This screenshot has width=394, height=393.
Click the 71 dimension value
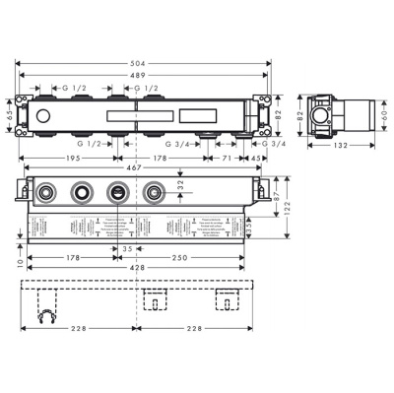(226, 156)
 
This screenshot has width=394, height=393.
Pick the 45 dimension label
(256, 156)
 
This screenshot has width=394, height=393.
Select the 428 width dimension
(138, 267)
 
